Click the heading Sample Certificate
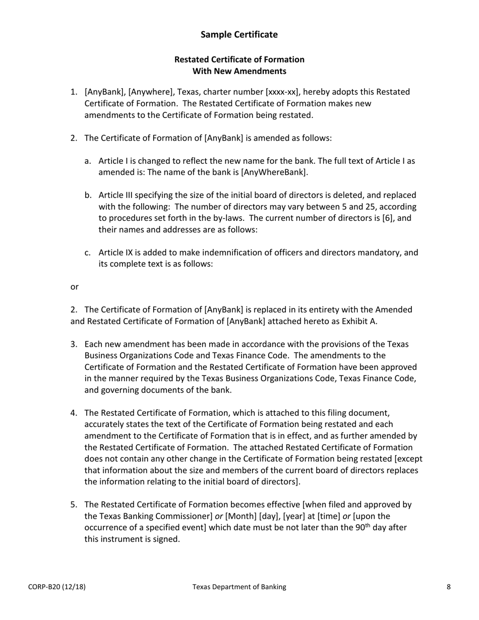239,34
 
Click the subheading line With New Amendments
239,71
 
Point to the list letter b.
88,195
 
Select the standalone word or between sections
74,287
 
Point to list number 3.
74,344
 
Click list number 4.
74,413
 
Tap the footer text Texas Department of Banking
239,587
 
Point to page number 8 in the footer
448,587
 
